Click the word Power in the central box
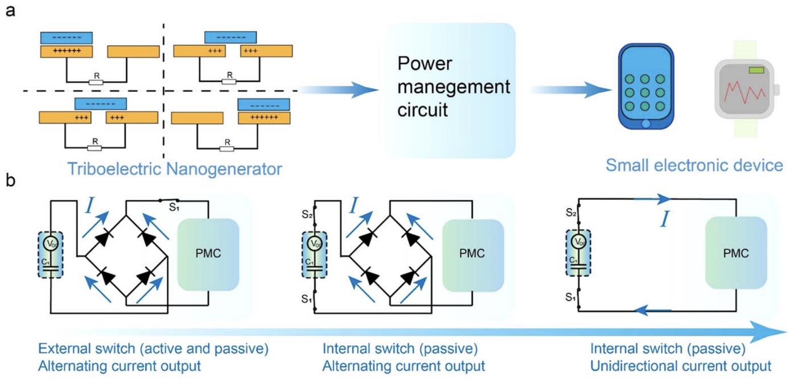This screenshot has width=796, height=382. click(x=424, y=63)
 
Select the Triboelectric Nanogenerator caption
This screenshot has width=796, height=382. click(x=174, y=169)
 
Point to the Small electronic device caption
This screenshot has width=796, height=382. click(x=694, y=165)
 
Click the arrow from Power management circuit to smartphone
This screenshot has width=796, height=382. click(x=570, y=90)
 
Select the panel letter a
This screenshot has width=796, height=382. click(x=10, y=10)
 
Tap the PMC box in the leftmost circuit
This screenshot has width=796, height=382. click(x=208, y=253)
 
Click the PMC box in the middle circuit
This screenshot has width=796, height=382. click(x=472, y=253)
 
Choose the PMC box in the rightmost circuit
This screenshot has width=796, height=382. click(x=736, y=253)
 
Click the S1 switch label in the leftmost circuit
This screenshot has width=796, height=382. click(x=174, y=207)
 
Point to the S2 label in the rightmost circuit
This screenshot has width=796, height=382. click(x=571, y=213)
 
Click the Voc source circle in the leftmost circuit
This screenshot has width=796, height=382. click(x=51, y=244)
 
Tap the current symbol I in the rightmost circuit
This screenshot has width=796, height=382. click(x=665, y=219)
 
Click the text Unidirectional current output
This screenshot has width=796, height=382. click(x=681, y=366)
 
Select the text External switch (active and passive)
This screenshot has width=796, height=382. click(x=153, y=349)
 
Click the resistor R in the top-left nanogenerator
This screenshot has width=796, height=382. click(x=96, y=81)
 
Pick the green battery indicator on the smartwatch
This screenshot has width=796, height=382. click(x=756, y=70)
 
